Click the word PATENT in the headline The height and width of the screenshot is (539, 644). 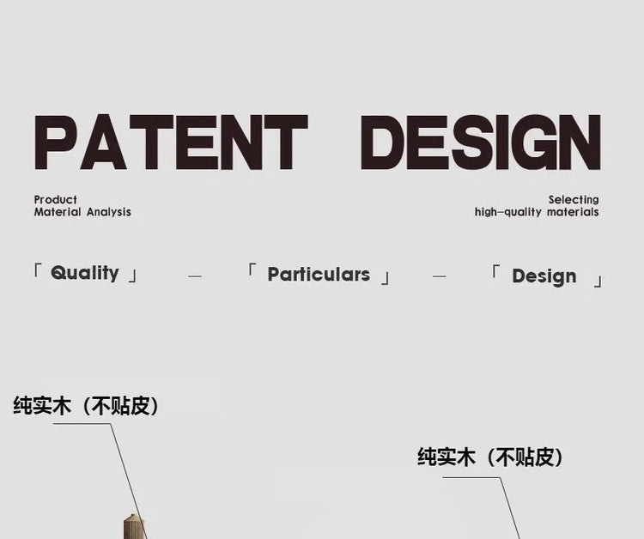(171, 142)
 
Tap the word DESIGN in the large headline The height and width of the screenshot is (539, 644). (481, 142)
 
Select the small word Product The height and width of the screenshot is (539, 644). (56, 200)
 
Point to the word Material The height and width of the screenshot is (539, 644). (58, 212)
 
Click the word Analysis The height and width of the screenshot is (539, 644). (109, 212)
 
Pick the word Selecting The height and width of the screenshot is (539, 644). (574, 200)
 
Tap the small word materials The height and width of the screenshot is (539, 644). (573, 212)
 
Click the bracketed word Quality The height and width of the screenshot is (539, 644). (85, 273)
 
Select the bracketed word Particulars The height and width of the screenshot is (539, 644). (319, 275)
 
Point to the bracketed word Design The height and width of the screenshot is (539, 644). (544, 276)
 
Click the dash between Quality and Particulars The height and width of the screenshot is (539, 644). (195, 276)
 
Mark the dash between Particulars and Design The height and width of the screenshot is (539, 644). (439, 276)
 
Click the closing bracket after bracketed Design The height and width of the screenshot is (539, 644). (598, 282)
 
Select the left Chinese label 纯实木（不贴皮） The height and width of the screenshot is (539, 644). (86, 406)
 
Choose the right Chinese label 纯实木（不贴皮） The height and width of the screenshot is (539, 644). (490, 457)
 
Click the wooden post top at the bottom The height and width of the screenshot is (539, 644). (134, 526)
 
